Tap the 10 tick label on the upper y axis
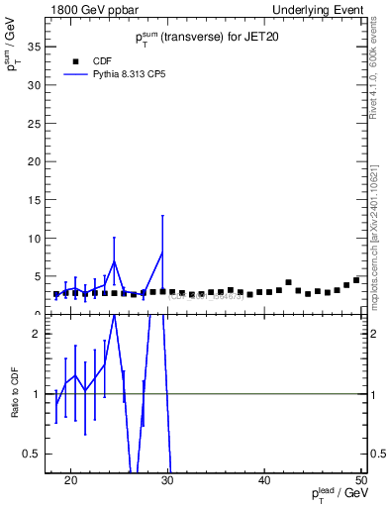tap(38, 239)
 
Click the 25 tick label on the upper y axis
tap(38, 124)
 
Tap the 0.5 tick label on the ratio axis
tap(34, 454)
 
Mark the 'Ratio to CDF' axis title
tap(15, 394)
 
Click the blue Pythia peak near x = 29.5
tap(162, 252)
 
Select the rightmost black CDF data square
tap(356, 280)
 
